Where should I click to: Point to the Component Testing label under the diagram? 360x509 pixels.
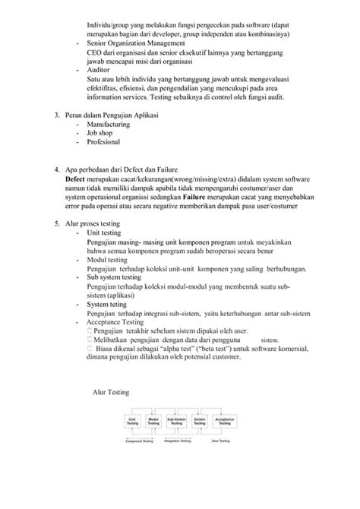pos(138,441)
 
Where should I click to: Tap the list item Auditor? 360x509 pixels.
pos(100,68)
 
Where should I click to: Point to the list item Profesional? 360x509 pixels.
pos(105,142)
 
